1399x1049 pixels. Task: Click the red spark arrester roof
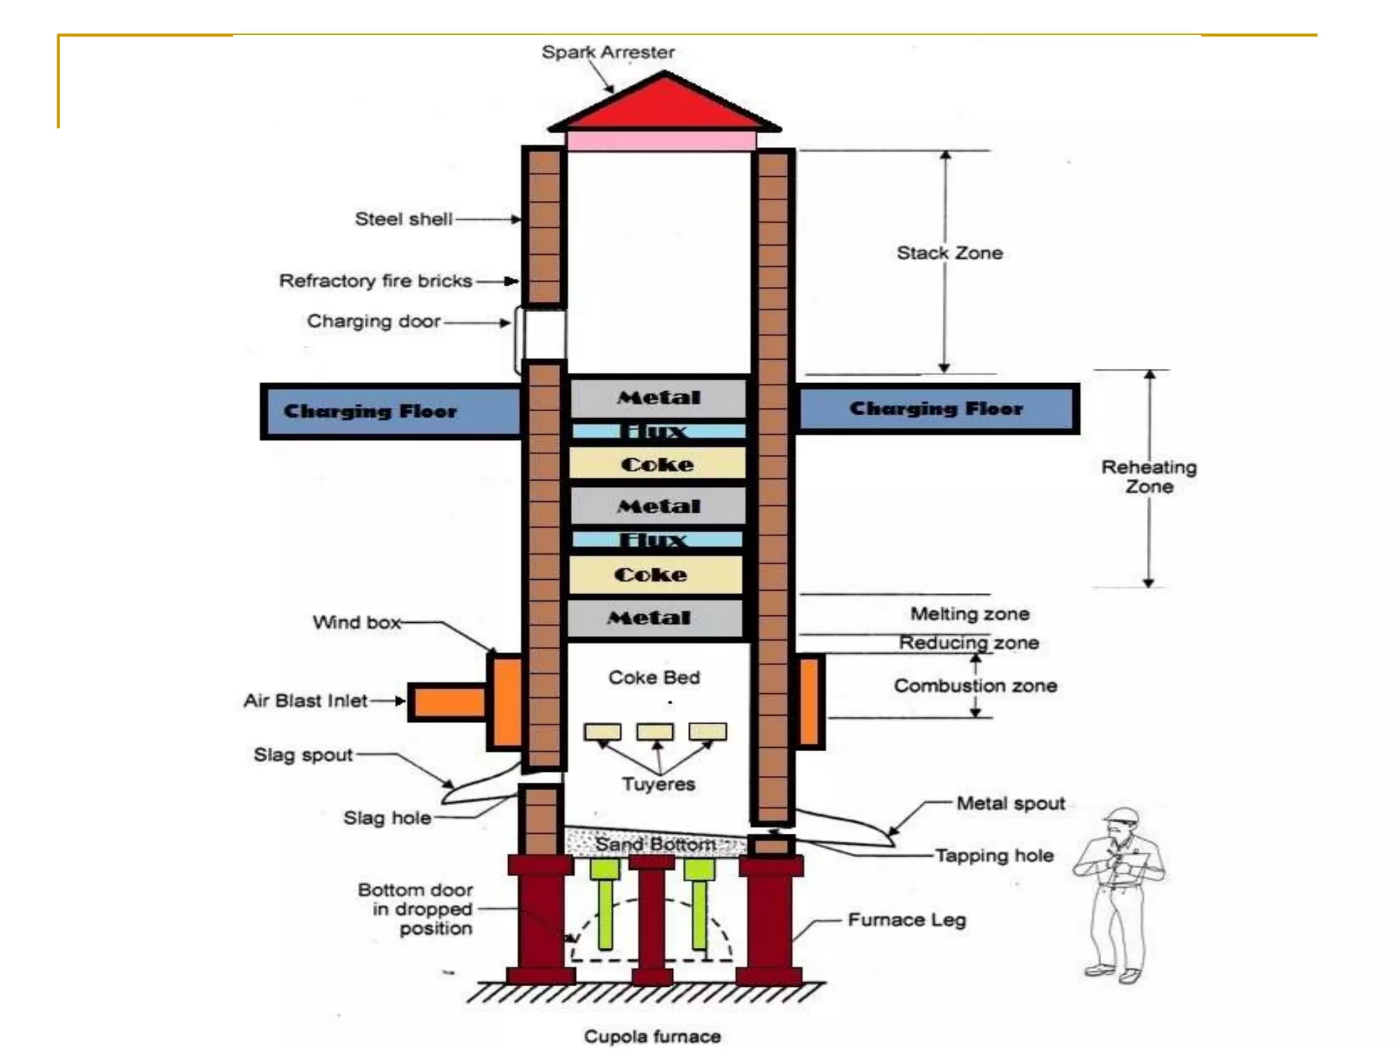point(664,106)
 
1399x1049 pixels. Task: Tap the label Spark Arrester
point(608,53)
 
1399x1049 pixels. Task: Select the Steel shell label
point(404,219)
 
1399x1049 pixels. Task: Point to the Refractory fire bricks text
point(376,281)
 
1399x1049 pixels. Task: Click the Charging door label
point(374,321)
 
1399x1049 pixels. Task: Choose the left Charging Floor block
point(389,411)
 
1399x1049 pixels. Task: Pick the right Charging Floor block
point(937,408)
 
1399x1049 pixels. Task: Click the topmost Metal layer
point(659,397)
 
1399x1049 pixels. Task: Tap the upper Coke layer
point(657,464)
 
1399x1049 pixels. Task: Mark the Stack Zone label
point(950,253)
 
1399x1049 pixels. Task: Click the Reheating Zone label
point(1149,477)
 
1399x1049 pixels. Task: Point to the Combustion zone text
point(975,686)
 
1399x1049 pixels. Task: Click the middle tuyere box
point(655,732)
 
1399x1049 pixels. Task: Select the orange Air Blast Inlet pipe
point(447,702)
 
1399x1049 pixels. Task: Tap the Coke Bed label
point(654,677)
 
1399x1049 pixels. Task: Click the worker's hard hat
point(1122,816)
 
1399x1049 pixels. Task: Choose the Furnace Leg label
point(907,920)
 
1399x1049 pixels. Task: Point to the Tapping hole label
point(995,856)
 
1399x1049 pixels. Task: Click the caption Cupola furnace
point(652,1037)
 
